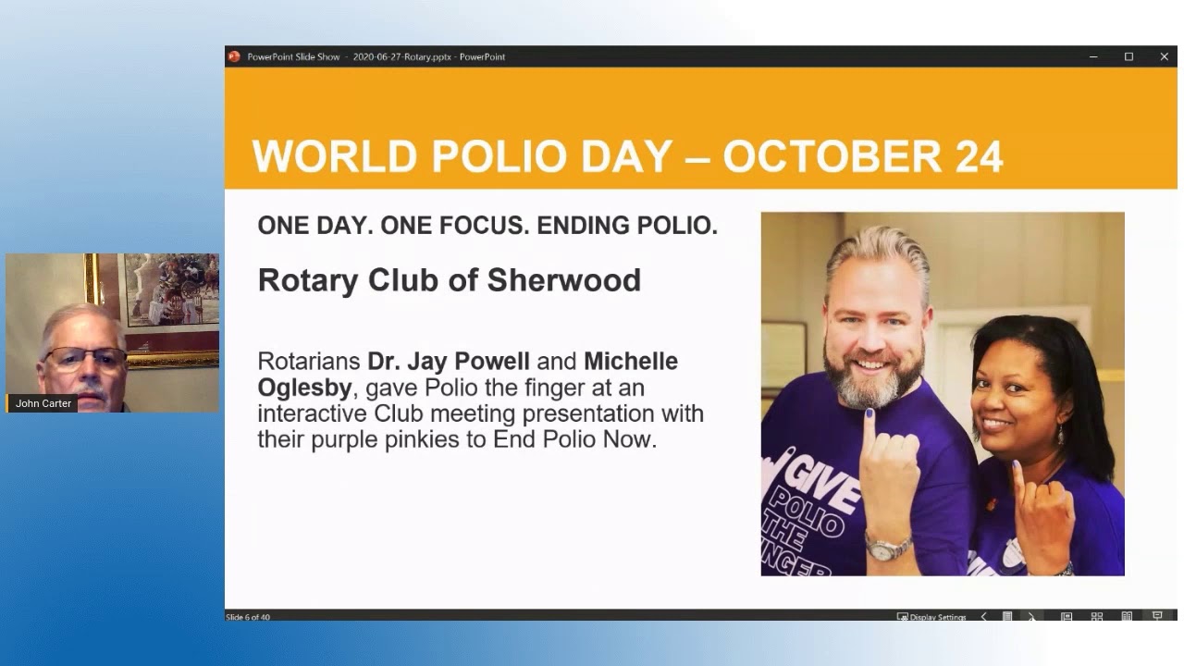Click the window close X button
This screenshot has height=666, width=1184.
point(1164,56)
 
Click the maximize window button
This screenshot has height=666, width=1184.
point(1128,56)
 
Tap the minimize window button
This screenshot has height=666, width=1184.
point(1093,56)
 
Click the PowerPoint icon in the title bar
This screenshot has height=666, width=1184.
point(234,56)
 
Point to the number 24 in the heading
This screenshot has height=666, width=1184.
point(978,156)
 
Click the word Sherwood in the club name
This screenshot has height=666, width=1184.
point(564,279)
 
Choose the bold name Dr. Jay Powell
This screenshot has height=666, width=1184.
point(449,361)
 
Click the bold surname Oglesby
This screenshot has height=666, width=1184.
point(304,387)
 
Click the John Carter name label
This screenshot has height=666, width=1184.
point(43,403)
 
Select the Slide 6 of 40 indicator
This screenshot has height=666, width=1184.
point(248,617)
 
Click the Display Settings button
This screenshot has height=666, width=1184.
point(931,617)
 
